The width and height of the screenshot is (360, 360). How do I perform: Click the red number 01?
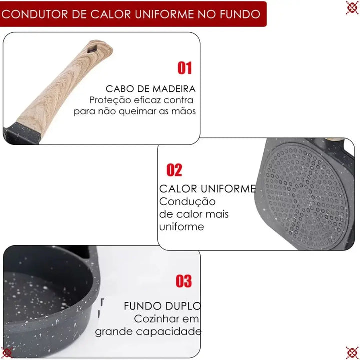tap(184, 68)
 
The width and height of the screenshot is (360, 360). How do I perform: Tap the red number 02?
tap(174, 170)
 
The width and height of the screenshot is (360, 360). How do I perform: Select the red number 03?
tap(184, 281)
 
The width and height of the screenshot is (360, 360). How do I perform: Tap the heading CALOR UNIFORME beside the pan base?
tap(207, 189)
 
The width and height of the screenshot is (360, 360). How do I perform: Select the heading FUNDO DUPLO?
tap(162, 306)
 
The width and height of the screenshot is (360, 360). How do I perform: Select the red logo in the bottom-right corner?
tap(352, 352)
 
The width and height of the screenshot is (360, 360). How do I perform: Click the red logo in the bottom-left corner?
tap(7, 352)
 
